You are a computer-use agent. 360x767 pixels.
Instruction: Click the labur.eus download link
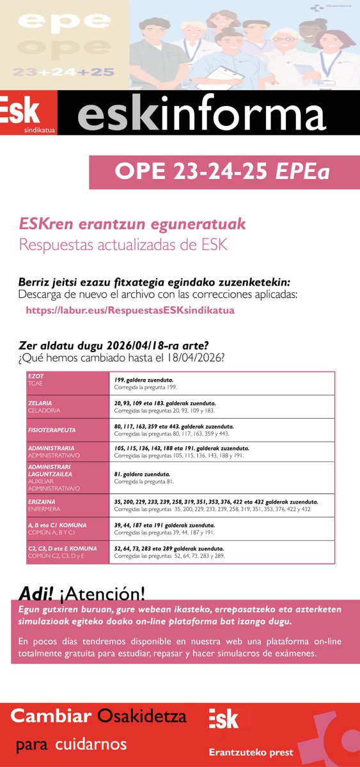(x=130, y=310)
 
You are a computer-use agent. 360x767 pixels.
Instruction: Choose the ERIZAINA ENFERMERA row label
(x=44, y=505)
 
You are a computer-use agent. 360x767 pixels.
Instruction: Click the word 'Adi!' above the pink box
(x=36, y=591)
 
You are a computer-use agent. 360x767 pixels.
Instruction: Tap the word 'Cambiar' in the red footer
(x=52, y=717)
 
